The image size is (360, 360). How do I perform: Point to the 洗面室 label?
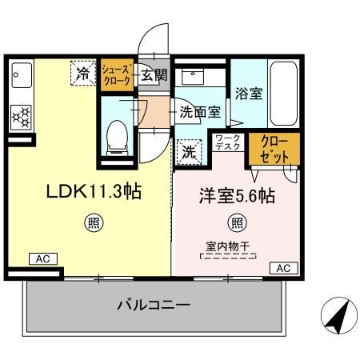pos(199,112)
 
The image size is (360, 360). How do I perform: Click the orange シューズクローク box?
pos(118,76)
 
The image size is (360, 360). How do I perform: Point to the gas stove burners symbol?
pos(20,118)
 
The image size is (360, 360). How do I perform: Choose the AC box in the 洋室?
pos(282,268)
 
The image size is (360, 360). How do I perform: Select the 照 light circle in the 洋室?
pos(237,223)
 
